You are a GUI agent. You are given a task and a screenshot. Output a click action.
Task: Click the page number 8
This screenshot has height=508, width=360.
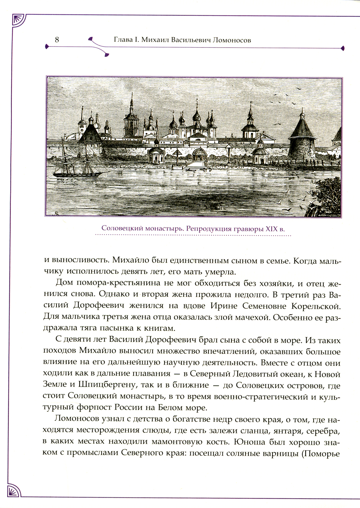[57, 40]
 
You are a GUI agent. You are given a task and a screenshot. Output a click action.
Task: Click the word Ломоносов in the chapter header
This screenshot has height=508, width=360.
[232, 40]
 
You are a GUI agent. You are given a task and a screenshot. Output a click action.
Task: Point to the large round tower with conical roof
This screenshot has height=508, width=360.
[302, 139]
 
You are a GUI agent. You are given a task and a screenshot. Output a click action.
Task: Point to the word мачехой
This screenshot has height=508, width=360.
[250, 318]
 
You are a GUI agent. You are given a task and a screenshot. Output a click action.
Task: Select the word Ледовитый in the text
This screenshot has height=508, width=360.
[274, 374]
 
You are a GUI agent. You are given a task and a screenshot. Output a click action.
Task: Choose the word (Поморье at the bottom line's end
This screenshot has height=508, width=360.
[320, 453]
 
